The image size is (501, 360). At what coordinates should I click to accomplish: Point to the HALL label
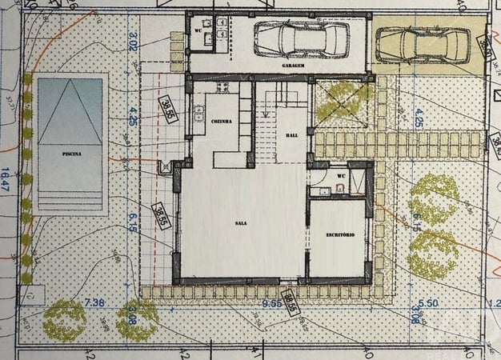coord(291,137)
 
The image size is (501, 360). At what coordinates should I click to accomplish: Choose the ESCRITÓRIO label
coord(339,233)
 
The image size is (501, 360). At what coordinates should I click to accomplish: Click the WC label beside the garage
coord(197,31)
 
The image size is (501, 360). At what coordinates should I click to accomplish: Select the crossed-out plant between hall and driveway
coord(342,102)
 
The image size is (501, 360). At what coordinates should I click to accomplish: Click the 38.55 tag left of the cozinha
coord(166,108)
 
